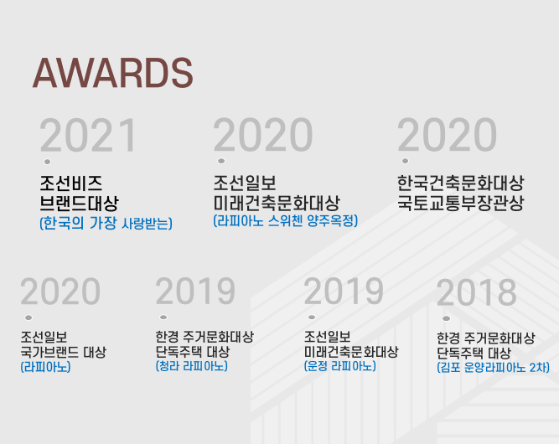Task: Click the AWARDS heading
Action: tap(112, 73)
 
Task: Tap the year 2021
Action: tap(88, 136)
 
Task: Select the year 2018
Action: tap(476, 292)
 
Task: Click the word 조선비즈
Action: tap(71, 183)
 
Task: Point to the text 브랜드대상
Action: tap(79, 203)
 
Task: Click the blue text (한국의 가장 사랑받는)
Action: tap(106, 224)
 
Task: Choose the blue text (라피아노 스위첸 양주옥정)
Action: tap(285, 221)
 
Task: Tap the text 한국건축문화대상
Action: tap(461, 183)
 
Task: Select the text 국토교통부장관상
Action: tap(461, 203)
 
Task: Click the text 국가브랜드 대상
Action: tap(64, 352)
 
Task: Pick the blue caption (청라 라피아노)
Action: tap(191, 366)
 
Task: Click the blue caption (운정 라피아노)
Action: tap(339, 366)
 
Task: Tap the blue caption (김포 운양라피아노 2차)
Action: tap(493, 367)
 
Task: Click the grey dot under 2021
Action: tap(47, 162)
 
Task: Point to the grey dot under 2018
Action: tap(446, 318)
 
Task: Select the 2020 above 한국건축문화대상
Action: tap(447, 135)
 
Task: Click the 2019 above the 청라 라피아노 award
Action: tap(195, 292)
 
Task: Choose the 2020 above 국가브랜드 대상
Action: tap(60, 292)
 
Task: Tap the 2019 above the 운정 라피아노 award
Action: tap(344, 292)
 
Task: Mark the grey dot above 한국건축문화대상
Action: tap(405, 161)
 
